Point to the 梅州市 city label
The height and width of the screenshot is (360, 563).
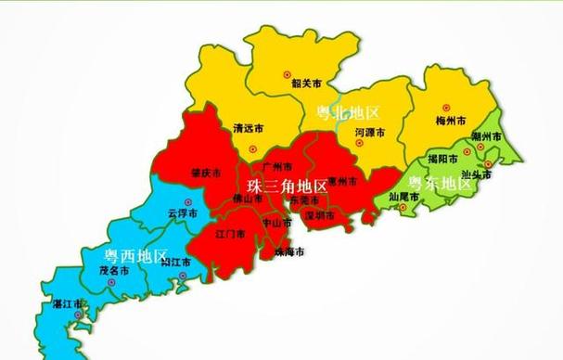[x=449, y=120]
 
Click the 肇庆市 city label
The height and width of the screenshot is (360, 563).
[x=205, y=173]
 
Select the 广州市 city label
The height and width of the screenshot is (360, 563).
[x=277, y=166]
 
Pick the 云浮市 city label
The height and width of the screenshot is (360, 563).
[x=184, y=212]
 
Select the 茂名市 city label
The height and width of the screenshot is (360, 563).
[x=114, y=271]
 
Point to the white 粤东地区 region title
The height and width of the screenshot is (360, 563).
[x=441, y=182]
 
